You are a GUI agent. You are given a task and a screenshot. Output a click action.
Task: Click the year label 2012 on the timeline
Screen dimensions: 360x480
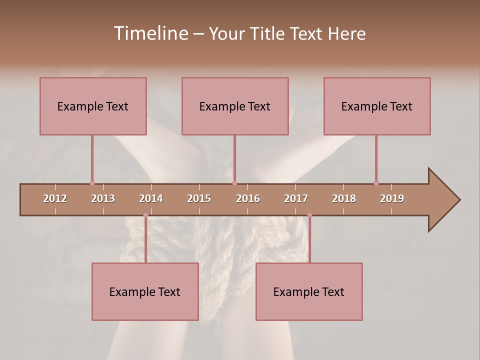coord(55,198)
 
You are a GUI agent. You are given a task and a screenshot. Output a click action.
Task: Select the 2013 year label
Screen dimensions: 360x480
coord(103,198)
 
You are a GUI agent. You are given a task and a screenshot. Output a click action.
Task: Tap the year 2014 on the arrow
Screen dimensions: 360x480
coord(151,198)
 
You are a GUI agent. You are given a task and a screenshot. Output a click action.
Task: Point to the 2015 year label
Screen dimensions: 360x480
coord(199,198)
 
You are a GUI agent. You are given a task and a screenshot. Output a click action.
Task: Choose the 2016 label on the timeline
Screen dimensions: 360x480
coord(248,198)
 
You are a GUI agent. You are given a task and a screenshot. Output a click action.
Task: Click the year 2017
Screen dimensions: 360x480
coord(296,198)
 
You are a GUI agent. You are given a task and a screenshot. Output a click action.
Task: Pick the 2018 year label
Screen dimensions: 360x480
coord(344,198)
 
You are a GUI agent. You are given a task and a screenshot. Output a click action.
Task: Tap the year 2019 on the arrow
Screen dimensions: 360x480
coord(392,198)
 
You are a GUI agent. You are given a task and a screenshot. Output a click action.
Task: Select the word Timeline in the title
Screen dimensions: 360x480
coord(150,33)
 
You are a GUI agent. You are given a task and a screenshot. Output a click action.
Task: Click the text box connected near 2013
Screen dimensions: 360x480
coord(93,106)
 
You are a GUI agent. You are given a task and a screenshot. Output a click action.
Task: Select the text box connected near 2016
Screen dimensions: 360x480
coord(235,106)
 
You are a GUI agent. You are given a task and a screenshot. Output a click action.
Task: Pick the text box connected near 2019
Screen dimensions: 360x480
coord(377,106)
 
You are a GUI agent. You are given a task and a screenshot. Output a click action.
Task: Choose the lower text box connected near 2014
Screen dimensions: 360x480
coord(145,291)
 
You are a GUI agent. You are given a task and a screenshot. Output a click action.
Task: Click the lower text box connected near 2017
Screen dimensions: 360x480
coord(309,291)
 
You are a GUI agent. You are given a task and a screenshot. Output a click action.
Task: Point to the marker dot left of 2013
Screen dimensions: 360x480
coord(92,183)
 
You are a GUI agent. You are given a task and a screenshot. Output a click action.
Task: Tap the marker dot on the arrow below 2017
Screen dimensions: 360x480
coord(309,215)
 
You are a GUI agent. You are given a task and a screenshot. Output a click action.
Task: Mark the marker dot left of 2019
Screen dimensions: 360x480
coord(376,183)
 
